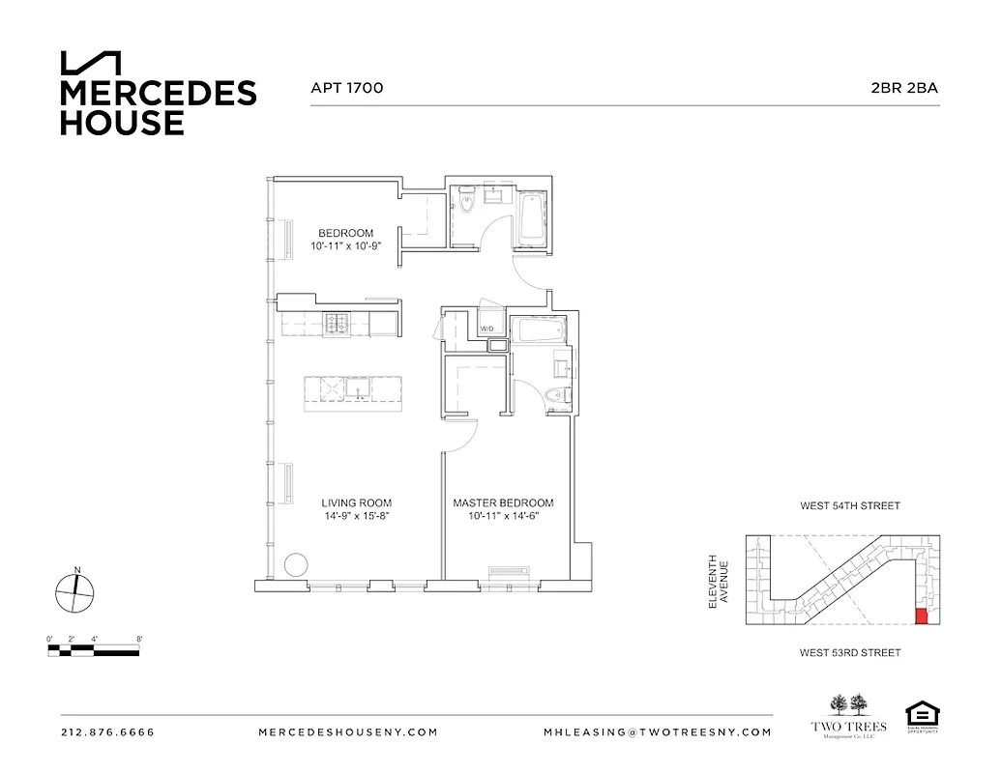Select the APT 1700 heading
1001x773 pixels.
pos(346,88)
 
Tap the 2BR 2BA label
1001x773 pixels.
pos(904,88)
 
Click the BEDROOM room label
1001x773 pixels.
pos(346,233)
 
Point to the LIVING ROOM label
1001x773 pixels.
pos(356,502)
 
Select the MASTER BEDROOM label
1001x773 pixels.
pos(503,502)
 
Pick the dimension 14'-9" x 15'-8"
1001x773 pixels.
pos(356,517)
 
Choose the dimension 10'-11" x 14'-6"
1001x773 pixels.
pos(503,517)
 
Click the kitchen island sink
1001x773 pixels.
pos(358,388)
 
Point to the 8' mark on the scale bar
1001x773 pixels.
pos(140,639)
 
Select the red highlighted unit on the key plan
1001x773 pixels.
pos(921,616)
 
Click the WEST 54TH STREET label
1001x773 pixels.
pos(849,505)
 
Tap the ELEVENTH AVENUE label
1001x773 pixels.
pos(718,581)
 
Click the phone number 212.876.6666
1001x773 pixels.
pos(107,732)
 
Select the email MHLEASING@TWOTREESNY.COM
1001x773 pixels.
pos(658,732)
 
